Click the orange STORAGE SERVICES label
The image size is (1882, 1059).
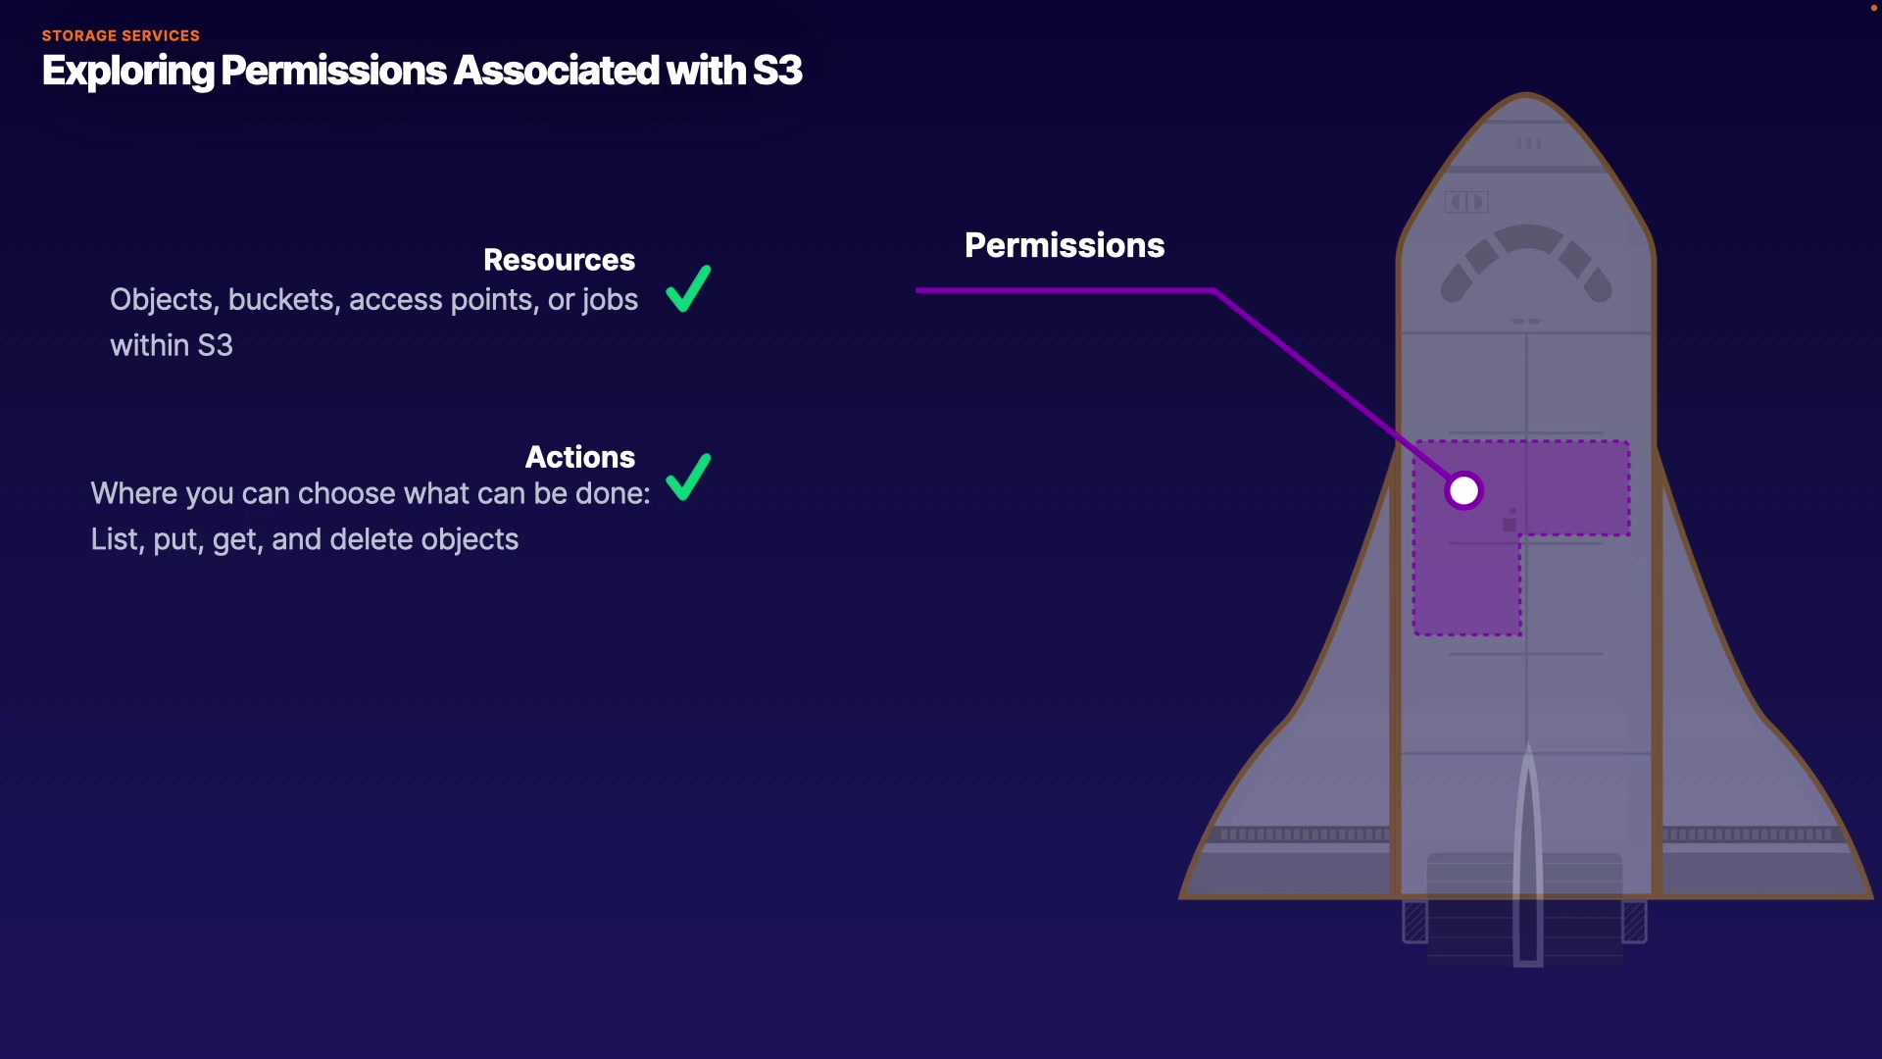click(121, 36)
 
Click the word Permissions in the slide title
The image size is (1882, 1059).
click(333, 71)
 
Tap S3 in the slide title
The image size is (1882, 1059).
click(777, 71)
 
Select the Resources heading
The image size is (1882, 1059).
click(559, 260)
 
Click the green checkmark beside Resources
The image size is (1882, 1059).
click(688, 288)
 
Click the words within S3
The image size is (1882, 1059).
click(172, 346)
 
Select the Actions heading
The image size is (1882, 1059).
click(579, 457)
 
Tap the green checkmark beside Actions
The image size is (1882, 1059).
click(688, 477)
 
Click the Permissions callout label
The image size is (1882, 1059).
click(1065, 245)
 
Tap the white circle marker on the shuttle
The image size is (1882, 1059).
click(1463, 491)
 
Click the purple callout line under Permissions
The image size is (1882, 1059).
click(1064, 290)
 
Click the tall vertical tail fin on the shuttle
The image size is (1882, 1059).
click(1528, 853)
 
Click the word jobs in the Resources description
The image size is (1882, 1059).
click(610, 300)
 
